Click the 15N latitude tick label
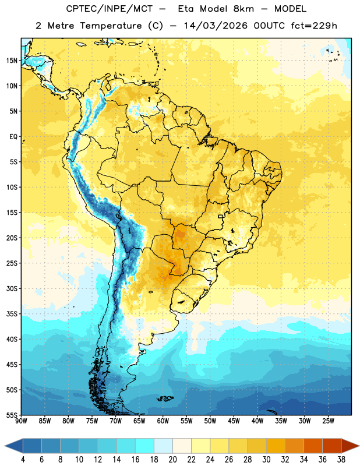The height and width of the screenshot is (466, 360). tap(12, 61)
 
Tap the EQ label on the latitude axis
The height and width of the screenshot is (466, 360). tap(13, 137)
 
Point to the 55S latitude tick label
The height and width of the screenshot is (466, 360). tap(12, 415)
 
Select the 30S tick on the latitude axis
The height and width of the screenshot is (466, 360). tap(12, 288)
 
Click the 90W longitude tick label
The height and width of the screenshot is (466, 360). tap(21, 421)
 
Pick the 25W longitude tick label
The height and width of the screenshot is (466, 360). tap(328, 421)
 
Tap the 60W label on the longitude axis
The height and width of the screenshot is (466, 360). tap(163, 421)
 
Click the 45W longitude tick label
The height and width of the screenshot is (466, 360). tap(234, 421)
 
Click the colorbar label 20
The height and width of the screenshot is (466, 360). tap(172, 460)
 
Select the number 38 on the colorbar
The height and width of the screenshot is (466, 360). tap(341, 460)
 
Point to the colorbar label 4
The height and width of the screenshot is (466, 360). tap(23, 460)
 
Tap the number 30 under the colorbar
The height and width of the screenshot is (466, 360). tap(266, 460)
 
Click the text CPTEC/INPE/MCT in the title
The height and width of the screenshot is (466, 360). tap(110, 9)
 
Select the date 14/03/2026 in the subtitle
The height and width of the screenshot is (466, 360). tap(216, 26)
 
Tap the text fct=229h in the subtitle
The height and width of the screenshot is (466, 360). tap(314, 26)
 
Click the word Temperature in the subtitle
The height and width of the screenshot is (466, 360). tap(111, 26)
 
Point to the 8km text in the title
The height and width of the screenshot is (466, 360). tap(243, 9)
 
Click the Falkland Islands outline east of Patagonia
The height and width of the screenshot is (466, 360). tap(165, 398)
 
